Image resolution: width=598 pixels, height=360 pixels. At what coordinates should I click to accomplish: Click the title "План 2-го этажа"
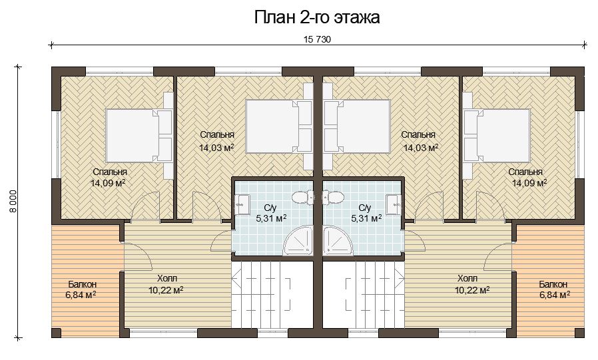(317, 17)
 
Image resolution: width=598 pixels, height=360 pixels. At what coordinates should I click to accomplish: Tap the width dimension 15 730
(317, 39)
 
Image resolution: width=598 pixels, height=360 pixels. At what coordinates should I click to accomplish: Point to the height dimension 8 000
(13, 201)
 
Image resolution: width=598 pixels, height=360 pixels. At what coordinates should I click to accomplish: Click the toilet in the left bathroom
(302, 197)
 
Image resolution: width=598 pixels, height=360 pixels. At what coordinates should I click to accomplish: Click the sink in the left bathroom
(242, 206)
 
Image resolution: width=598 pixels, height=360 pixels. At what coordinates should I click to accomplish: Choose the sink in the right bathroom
(394, 206)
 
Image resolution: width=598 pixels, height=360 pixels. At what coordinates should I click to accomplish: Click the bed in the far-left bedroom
(139, 136)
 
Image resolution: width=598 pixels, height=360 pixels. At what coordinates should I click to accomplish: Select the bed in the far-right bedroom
(497, 136)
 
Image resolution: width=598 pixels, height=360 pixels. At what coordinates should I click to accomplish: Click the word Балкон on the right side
(553, 284)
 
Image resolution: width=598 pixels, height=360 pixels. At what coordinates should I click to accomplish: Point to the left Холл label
(167, 278)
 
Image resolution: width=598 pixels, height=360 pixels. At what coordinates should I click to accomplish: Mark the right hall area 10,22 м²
(472, 290)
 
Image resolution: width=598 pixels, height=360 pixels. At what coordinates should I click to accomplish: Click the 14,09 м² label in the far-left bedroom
(108, 183)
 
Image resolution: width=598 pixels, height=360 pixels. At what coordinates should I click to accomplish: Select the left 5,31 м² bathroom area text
(271, 218)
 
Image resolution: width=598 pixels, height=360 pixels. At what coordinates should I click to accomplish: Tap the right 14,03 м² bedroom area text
(421, 148)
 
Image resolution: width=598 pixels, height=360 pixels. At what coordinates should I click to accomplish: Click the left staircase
(273, 294)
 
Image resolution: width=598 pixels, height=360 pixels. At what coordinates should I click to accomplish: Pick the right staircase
(364, 294)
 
